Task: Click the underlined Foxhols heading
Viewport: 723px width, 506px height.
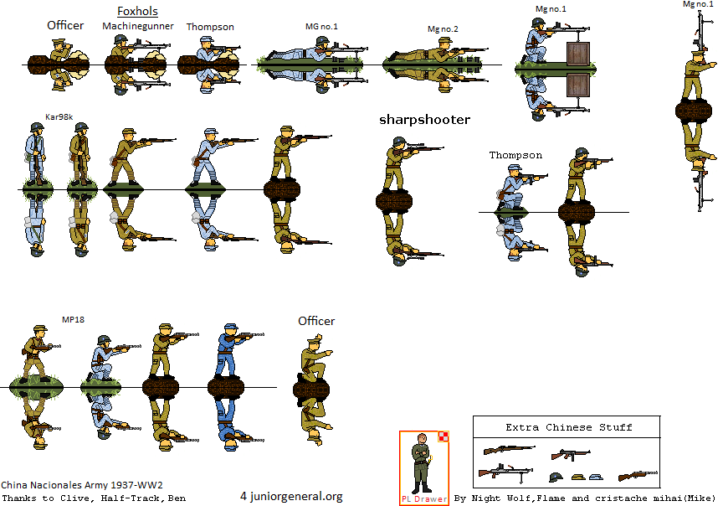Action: click(137, 11)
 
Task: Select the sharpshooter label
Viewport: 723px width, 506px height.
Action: click(424, 120)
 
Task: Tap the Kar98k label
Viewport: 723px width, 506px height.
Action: click(59, 116)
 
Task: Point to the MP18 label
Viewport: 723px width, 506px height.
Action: click(74, 319)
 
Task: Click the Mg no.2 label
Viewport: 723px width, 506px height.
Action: click(443, 29)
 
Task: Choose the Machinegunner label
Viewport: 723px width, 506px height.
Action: click(138, 26)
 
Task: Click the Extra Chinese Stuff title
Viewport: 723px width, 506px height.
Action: click(568, 427)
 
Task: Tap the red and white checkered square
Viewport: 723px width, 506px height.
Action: click(444, 436)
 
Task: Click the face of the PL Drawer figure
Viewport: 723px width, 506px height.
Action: click(422, 439)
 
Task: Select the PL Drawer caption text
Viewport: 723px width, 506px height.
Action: click(424, 499)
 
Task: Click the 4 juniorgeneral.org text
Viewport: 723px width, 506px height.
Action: click(291, 496)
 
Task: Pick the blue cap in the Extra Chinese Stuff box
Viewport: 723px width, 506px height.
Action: click(596, 477)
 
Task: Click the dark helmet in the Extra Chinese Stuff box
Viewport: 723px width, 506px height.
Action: click(556, 477)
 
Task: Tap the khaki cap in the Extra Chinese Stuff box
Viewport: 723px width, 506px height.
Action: click(578, 477)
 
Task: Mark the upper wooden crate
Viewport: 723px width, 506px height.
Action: click(577, 54)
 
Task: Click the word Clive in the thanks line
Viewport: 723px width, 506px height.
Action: click(74, 498)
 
